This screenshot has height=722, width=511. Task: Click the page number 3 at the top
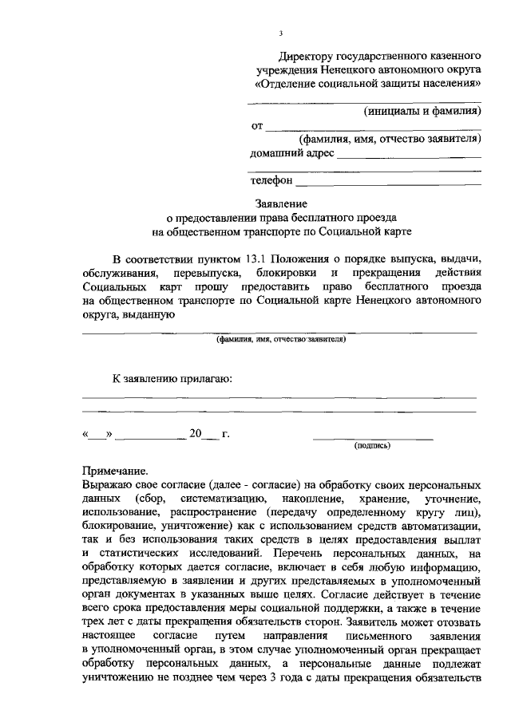coord(281,34)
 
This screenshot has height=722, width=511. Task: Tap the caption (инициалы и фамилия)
coord(421,111)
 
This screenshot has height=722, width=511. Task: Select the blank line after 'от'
coord(372,128)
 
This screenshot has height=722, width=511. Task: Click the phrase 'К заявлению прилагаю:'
coord(172,378)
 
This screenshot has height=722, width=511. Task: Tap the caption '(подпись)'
coord(371,447)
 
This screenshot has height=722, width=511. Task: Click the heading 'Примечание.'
coord(115,471)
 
